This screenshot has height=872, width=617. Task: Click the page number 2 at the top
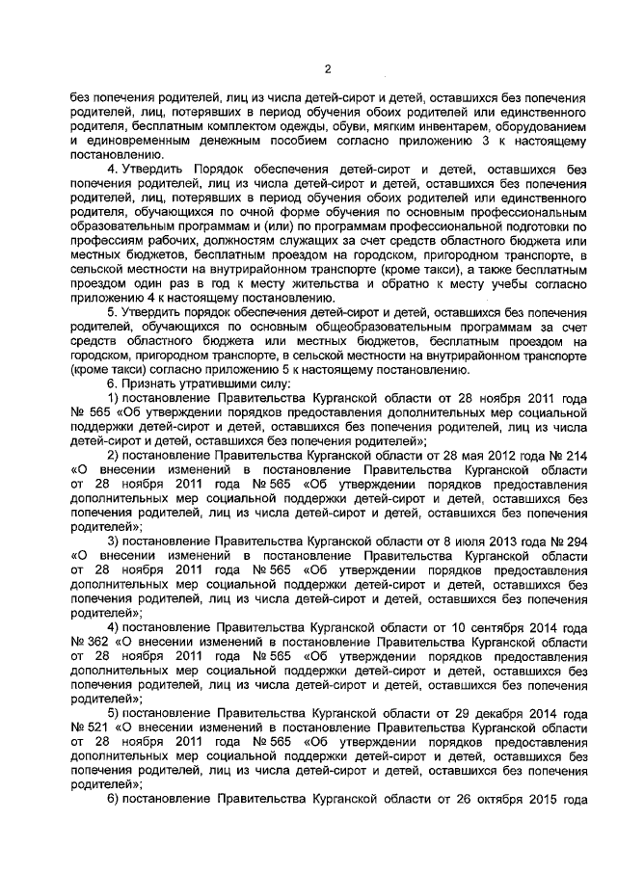tap(328, 68)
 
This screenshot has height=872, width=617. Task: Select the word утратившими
tap(189, 383)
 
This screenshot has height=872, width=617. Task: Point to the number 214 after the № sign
tap(575, 456)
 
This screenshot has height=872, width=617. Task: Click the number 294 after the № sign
tap(575, 542)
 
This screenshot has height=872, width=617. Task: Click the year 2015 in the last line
tap(535, 800)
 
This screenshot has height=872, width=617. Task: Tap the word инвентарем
tap(447, 125)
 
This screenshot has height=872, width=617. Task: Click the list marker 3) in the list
tap(113, 542)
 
